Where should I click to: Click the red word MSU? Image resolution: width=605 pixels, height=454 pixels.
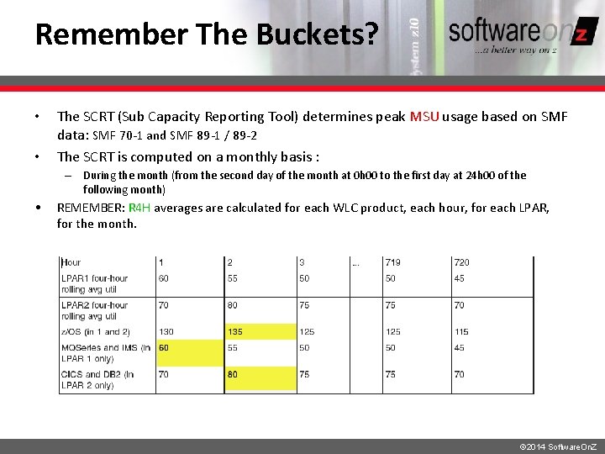point(424,117)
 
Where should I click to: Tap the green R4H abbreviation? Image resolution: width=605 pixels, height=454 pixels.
point(139,209)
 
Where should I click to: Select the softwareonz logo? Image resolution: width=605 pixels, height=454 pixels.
point(522,34)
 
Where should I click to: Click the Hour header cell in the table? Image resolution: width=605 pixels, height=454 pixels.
point(71,263)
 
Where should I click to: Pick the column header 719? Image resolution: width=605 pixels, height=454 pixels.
point(392,263)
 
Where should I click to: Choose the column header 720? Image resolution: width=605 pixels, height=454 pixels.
point(461,263)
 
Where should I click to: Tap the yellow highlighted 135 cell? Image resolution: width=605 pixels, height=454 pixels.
point(237,332)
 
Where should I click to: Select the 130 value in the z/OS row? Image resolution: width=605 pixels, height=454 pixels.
point(167,332)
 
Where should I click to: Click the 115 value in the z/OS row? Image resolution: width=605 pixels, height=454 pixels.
point(462,332)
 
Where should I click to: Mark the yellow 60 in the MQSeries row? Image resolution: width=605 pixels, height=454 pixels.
point(164,347)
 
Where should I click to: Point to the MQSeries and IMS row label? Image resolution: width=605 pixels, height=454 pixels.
point(106,353)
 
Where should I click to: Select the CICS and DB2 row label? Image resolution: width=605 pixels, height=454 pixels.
point(97,380)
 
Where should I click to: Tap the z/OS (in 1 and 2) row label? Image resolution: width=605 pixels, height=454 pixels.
point(96,332)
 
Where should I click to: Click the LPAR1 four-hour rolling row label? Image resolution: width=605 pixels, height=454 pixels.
point(94,284)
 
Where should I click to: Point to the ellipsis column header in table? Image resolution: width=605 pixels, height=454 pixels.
point(356,263)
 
